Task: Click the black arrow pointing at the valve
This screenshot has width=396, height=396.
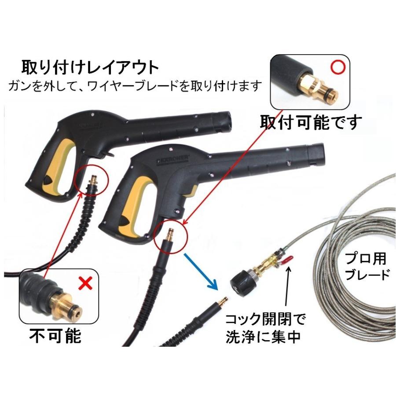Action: (289, 290)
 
